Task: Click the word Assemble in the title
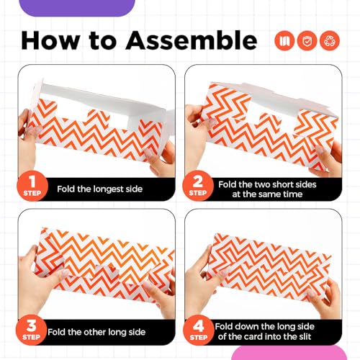pyautogui.click(x=192, y=40)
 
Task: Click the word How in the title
pyautogui.click(x=50, y=40)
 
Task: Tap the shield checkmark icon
pyautogui.click(x=307, y=40)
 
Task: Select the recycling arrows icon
pyautogui.click(x=330, y=40)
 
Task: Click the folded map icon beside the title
pyautogui.click(x=284, y=40)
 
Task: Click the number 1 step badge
pyautogui.click(x=32, y=186)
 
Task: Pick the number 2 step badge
pyautogui.click(x=198, y=186)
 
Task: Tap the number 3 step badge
pyautogui.click(x=31, y=330)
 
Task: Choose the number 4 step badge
pyautogui.click(x=198, y=330)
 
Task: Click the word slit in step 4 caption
pyautogui.click(x=305, y=336)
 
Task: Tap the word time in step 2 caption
pyautogui.click(x=292, y=194)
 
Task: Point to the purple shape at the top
pyautogui.click(x=77, y=8)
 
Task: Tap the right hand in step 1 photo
pyautogui.click(x=161, y=160)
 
